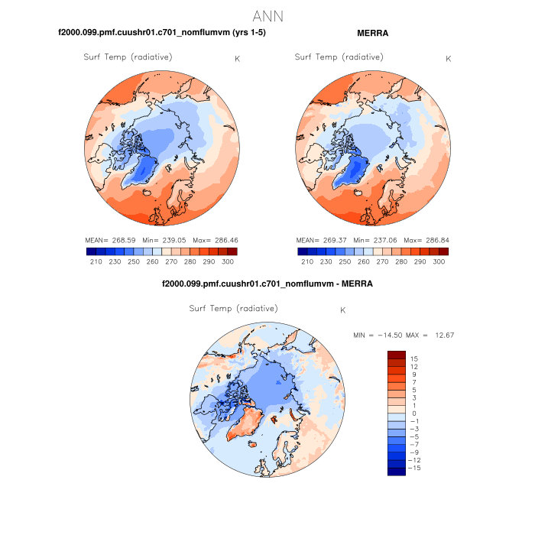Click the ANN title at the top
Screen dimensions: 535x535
point(267,15)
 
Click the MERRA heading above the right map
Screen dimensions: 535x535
point(373,34)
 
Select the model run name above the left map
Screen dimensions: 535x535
point(162,34)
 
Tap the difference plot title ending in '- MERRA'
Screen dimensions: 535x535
point(267,284)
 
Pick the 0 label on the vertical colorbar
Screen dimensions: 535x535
point(413,413)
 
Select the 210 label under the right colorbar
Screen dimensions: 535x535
point(307,261)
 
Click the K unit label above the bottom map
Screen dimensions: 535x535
point(343,310)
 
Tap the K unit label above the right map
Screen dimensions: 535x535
point(448,59)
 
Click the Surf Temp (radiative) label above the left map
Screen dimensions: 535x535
point(128,57)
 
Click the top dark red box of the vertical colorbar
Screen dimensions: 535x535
point(396,355)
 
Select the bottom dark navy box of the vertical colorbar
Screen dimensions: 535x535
point(396,471)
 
